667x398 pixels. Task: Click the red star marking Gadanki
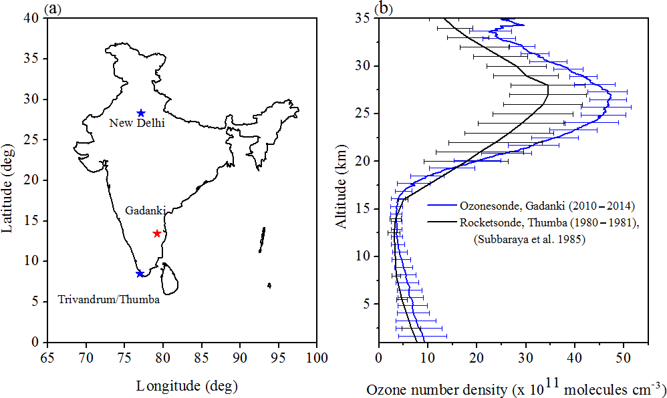tap(157, 233)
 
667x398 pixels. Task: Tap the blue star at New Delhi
tap(141, 113)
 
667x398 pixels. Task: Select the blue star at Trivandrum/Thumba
tap(140, 274)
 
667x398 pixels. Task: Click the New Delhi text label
tap(137, 123)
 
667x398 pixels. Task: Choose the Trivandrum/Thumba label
tap(109, 300)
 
